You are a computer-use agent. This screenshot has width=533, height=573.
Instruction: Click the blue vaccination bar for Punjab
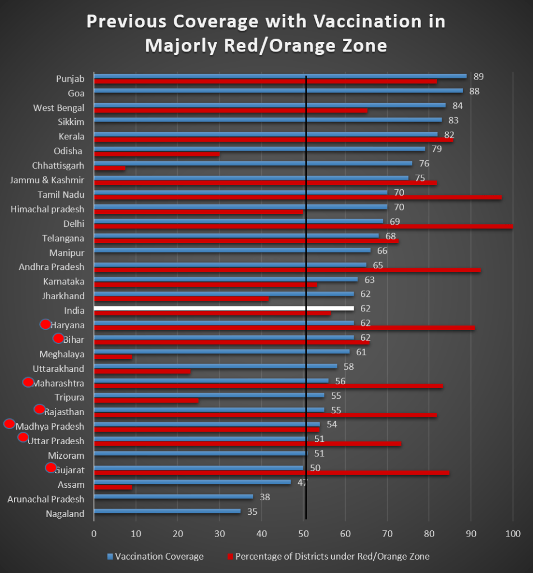(x=280, y=76)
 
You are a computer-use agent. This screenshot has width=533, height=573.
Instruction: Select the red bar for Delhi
(x=303, y=226)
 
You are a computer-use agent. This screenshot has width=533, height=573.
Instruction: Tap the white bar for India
(x=224, y=308)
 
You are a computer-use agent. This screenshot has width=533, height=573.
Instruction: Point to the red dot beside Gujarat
(x=50, y=468)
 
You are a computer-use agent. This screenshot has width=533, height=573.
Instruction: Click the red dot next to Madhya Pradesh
(x=10, y=423)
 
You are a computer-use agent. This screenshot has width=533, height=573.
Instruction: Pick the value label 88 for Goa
(x=474, y=91)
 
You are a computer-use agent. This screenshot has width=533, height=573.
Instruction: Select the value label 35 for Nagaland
(x=252, y=511)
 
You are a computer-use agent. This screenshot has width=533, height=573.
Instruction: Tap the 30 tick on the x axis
(x=220, y=533)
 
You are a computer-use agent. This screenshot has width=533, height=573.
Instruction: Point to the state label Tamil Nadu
(x=61, y=194)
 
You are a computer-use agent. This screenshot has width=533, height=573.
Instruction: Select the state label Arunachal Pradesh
(x=46, y=499)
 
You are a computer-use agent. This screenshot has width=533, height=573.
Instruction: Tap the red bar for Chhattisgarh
(x=110, y=168)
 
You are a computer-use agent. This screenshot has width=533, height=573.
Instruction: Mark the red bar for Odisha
(x=157, y=153)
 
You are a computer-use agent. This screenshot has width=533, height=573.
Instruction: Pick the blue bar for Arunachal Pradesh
(x=173, y=496)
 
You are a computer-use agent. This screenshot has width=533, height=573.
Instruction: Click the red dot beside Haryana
(x=45, y=324)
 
